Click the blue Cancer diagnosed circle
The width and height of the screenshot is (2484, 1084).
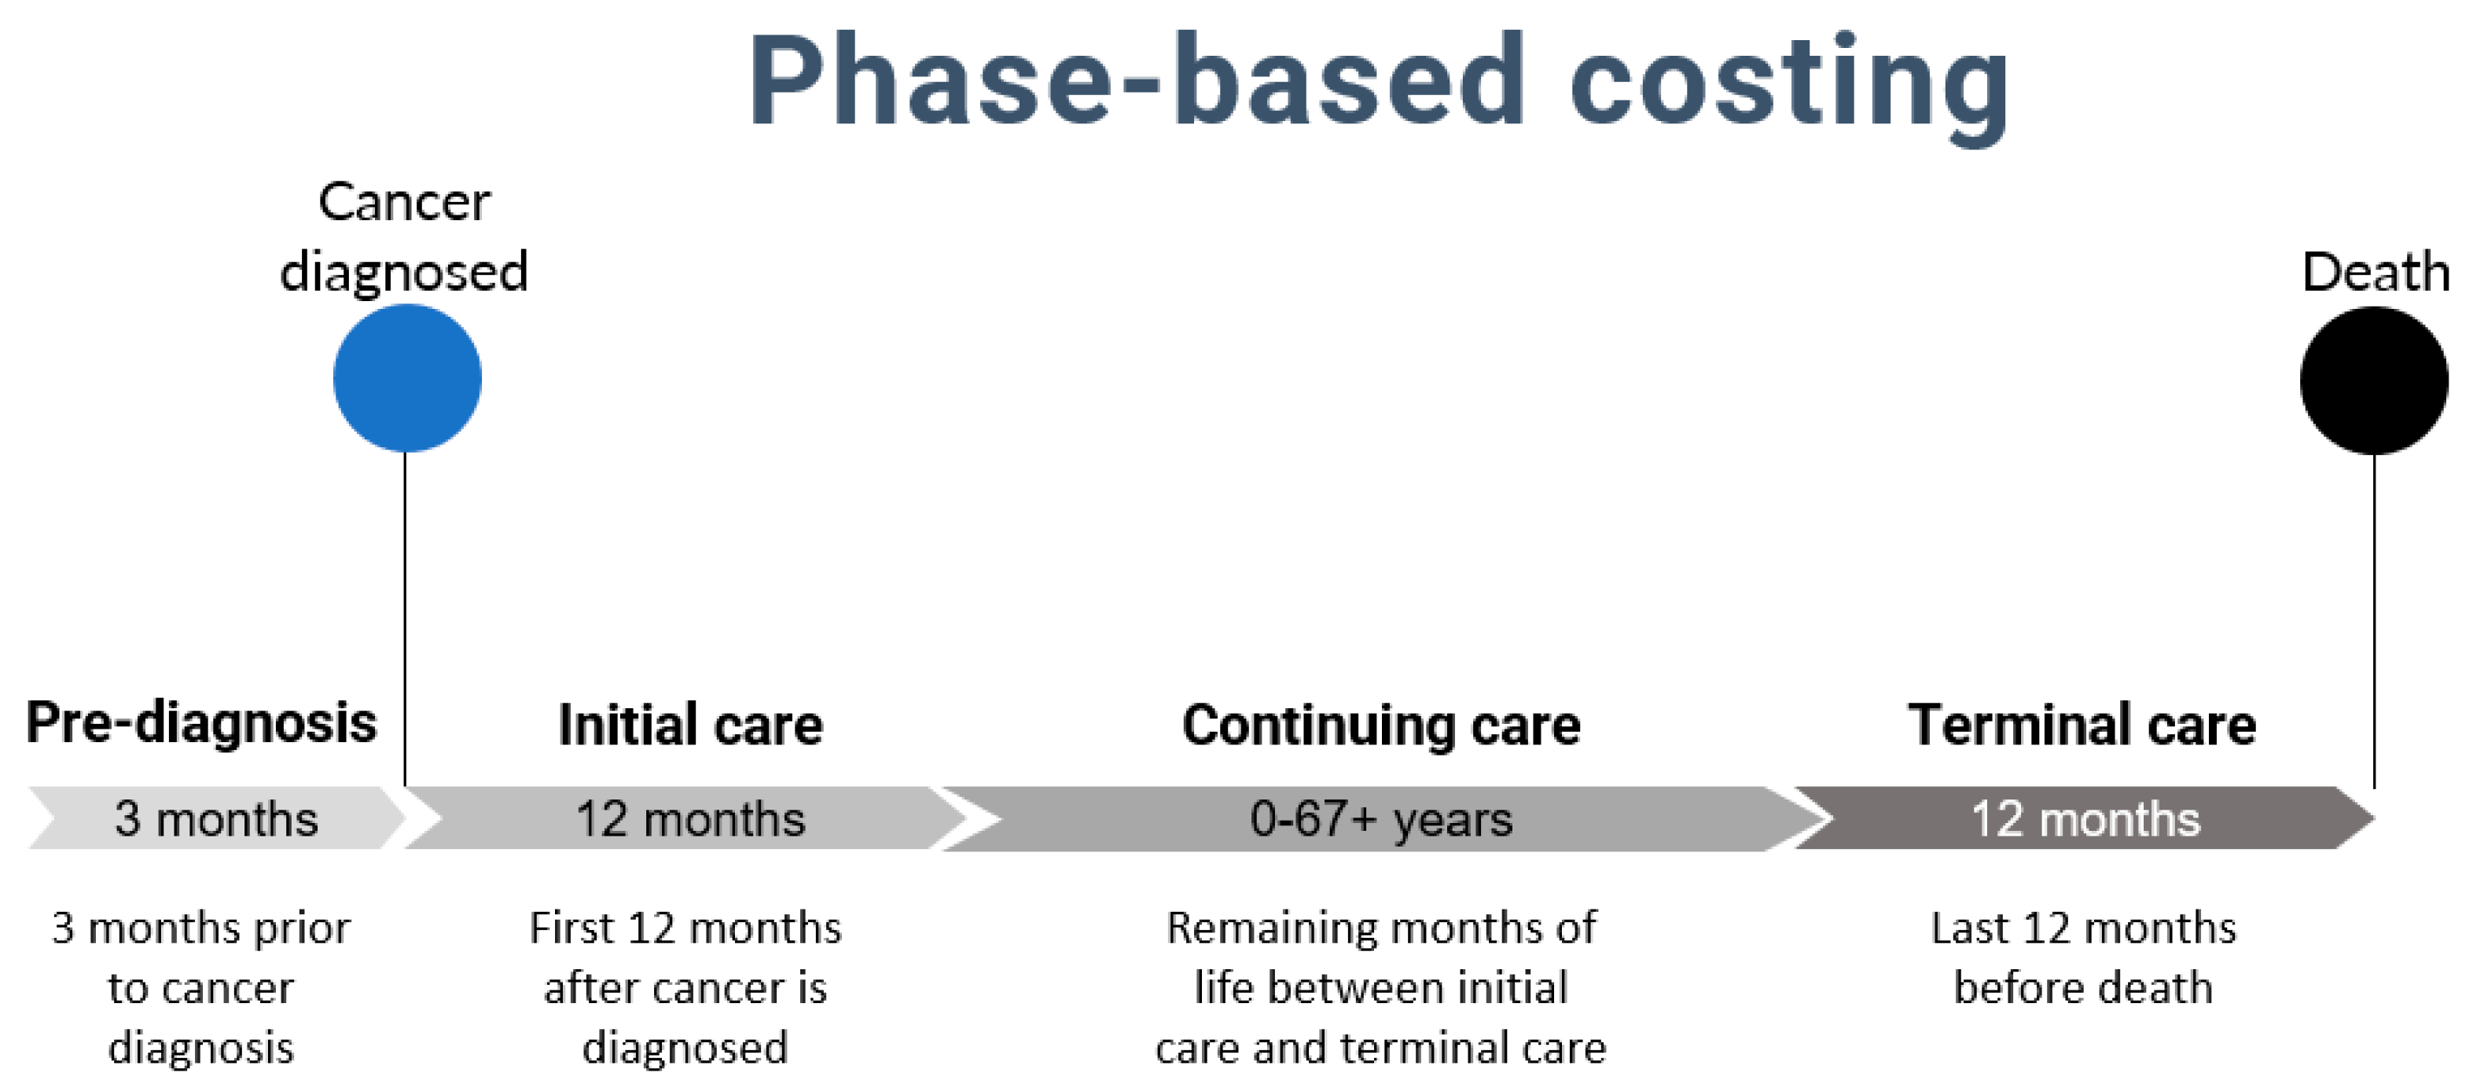(407, 378)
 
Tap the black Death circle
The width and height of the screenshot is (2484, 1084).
(2373, 380)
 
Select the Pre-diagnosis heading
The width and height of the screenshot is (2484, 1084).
(200, 722)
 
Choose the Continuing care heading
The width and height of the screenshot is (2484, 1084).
(1381, 726)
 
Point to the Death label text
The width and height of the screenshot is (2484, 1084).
(2375, 271)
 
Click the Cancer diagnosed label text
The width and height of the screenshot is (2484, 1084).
(404, 237)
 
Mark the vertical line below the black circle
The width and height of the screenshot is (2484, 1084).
(2373, 621)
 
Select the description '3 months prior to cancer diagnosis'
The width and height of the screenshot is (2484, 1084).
(200, 987)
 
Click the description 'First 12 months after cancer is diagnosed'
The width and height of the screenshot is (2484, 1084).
(685, 987)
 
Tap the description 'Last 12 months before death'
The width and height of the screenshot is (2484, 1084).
(2083, 957)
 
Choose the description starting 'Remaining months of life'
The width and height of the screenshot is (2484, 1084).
(1381, 987)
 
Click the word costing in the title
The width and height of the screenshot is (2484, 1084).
(1790, 86)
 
